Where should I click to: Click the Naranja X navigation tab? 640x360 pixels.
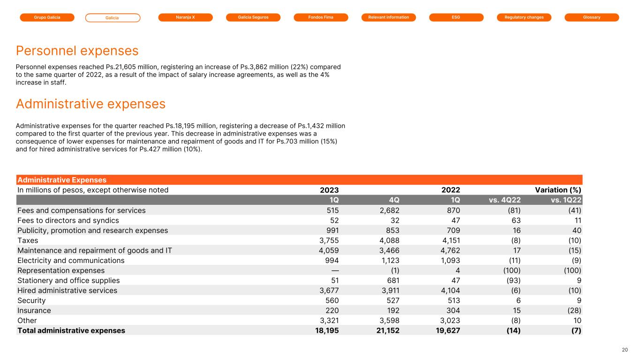coord(185,17)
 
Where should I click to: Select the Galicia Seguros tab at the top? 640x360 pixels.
coord(253,17)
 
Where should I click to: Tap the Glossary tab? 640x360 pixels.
coord(592,17)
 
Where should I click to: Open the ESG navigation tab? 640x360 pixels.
coord(456,17)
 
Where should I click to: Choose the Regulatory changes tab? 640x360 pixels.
coord(524,17)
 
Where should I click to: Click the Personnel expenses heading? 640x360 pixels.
coord(77,51)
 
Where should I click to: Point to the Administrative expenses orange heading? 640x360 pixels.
coord(90,104)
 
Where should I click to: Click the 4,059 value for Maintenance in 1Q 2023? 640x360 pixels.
coord(328,250)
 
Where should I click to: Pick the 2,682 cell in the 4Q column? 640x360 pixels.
coord(389,210)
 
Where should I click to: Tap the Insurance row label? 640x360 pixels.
coord(34,310)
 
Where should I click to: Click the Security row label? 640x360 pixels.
coord(31,300)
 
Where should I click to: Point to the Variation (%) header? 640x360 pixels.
coord(558,190)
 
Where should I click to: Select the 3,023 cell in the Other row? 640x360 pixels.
coord(449,321)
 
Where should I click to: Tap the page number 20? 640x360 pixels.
coord(625,350)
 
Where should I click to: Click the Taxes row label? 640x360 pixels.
coord(28,240)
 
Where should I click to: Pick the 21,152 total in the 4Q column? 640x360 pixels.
coord(386,330)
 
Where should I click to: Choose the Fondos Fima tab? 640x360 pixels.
coord(321,17)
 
